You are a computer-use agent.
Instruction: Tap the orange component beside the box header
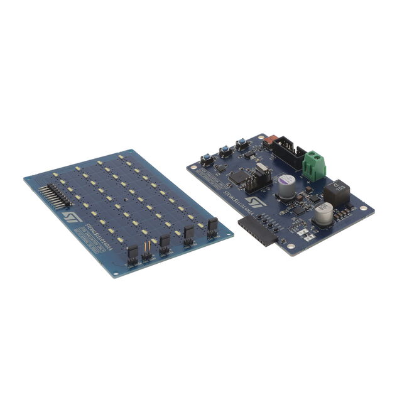click(x=272, y=143)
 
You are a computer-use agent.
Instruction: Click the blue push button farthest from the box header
click(x=205, y=160)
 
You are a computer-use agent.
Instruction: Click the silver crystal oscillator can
click(x=261, y=170)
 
